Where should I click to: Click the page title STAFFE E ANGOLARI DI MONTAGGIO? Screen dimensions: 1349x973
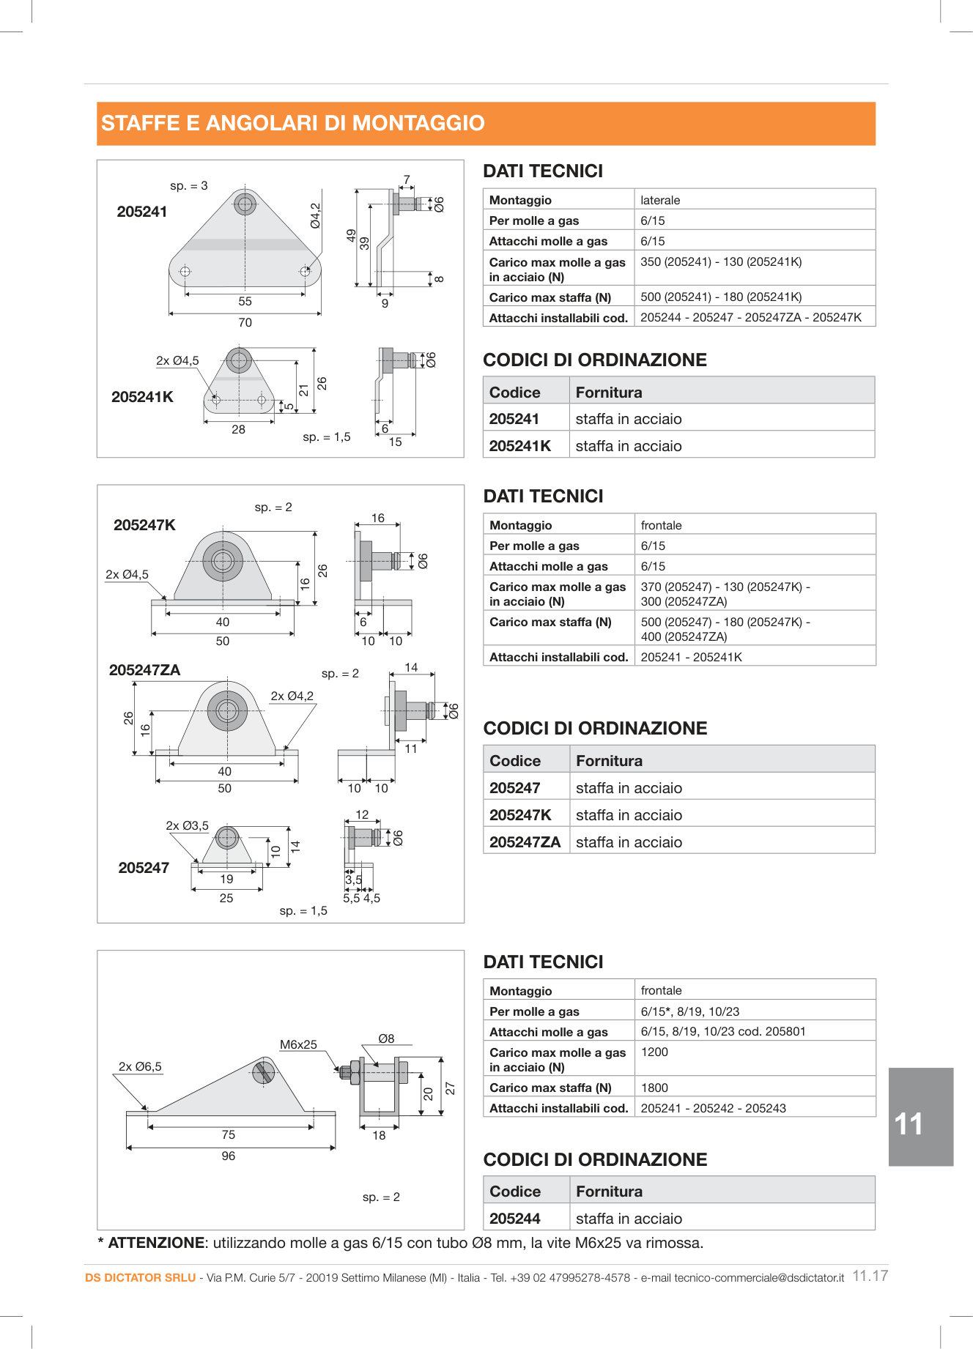coord(293,123)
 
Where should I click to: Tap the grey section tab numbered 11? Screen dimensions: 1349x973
coord(920,1117)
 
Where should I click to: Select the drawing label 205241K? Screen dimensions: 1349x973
coord(142,397)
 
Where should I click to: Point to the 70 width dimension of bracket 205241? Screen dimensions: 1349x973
coord(245,322)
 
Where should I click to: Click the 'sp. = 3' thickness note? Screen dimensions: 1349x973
coord(188,186)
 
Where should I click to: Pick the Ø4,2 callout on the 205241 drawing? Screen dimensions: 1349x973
coord(315,216)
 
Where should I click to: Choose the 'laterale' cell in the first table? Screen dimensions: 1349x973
coord(660,200)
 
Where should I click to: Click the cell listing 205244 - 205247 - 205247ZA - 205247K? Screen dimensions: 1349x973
coord(750,317)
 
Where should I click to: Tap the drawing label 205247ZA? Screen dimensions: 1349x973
coord(144,670)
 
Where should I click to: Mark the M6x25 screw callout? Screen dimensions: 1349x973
coord(298,1045)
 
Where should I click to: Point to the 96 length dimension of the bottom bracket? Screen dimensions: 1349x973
coord(229,1156)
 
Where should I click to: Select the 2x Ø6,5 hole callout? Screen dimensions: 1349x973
coord(140,1066)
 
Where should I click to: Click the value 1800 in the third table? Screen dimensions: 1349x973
coord(654,1088)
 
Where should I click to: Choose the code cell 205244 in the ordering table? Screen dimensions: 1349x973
coord(515,1219)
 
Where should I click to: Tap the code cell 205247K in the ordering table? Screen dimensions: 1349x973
coord(520,815)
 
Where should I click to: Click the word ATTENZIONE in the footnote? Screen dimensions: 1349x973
coord(156,1243)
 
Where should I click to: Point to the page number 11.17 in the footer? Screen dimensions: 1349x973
coord(870,1276)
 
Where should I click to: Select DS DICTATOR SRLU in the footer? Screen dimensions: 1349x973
coord(140,1278)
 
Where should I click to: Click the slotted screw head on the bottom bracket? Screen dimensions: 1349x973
coord(263,1073)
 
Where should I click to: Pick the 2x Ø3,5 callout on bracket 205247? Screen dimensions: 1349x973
coord(187,825)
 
